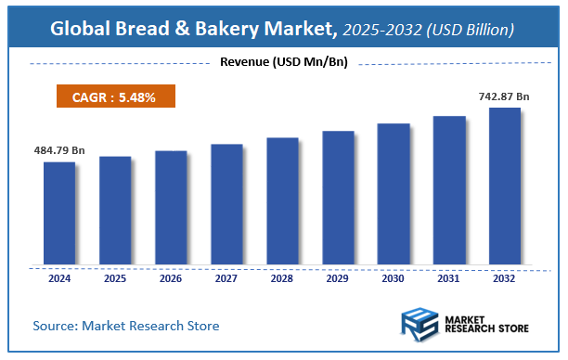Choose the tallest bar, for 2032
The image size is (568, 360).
[505, 185]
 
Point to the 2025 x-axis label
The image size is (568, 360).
[115, 277]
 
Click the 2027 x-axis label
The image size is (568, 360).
[226, 277]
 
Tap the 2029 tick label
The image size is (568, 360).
[338, 277]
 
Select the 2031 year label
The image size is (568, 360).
[449, 277]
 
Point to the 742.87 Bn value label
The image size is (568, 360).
[504, 96]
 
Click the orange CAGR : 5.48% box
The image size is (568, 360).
[113, 96]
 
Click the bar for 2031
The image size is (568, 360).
[449, 189]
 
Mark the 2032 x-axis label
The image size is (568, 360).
[505, 277]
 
